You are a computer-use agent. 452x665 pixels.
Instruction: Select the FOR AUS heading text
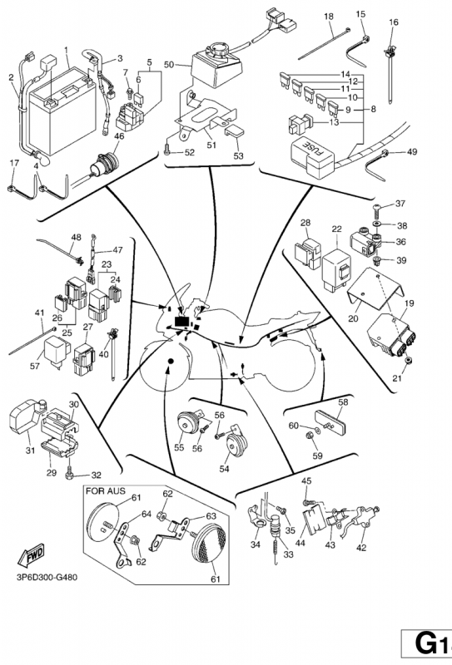[106, 491]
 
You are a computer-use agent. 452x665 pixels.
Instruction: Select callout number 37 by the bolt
[400, 204]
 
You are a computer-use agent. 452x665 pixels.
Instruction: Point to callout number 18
[329, 17]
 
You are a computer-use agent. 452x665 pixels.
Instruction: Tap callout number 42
[361, 548]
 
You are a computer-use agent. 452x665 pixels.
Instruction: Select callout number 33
[289, 555]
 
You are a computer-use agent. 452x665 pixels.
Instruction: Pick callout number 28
[305, 223]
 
